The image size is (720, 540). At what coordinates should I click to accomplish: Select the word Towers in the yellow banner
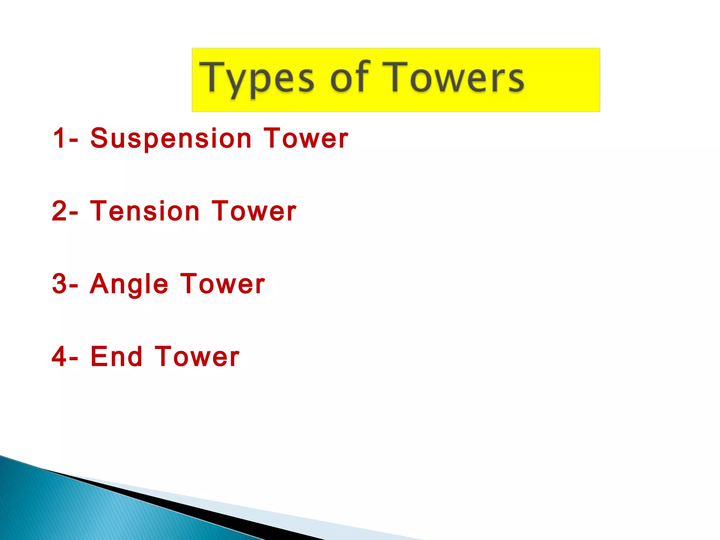tap(454, 77)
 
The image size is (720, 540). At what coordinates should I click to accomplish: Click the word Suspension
tap(171, 139)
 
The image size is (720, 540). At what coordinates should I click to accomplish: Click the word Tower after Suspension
tap(306, 138)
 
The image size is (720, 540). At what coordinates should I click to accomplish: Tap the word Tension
tap(145, 211)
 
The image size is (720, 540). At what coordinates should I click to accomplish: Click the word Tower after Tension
tap(254, 211)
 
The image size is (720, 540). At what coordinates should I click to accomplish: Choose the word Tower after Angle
tap(223, 284)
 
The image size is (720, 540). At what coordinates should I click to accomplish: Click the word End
tap(116, 356)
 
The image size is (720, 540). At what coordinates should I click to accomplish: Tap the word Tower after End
tap(197, 356)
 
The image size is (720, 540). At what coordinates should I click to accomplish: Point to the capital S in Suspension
tap(98, 138)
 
